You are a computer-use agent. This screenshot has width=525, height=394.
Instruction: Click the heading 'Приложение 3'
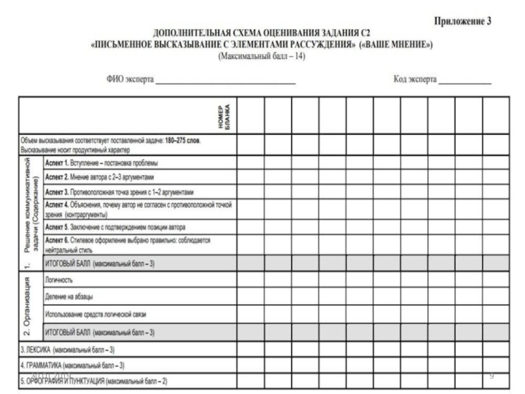tap(463, 20)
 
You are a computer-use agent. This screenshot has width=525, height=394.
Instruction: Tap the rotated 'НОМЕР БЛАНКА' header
tap(224, 116)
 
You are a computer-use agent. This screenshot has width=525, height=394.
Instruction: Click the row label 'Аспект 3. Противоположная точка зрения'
tap(119, 192)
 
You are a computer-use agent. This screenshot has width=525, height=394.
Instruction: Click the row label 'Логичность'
tap(58, 280)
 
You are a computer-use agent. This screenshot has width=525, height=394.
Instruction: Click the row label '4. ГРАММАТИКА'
tap(72, 365)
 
